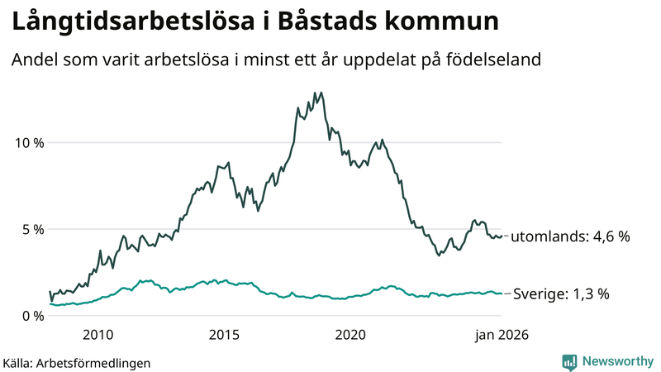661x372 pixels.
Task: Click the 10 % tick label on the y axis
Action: (26, 142)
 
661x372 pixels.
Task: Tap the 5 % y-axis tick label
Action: (31, 229)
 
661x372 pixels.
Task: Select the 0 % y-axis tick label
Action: (31, 316)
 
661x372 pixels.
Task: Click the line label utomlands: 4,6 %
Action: (570, 236)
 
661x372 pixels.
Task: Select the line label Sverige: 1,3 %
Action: (562, 293)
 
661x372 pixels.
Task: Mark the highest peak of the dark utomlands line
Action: (316, 93)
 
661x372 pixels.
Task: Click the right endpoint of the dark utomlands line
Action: (502, 236)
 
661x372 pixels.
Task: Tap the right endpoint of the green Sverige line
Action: (502, 293)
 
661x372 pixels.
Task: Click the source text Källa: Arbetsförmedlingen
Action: (77, 362)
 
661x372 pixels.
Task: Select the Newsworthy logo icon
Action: (569, 361)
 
